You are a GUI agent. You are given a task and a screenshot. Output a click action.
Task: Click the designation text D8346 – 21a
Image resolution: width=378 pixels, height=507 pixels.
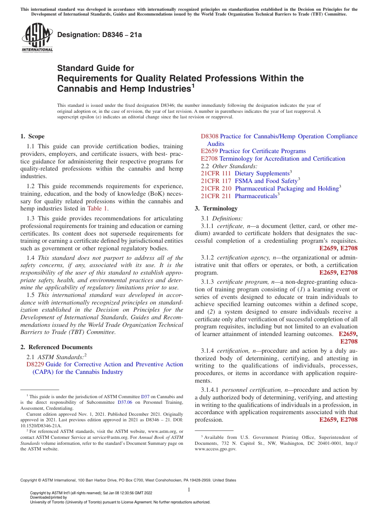99,35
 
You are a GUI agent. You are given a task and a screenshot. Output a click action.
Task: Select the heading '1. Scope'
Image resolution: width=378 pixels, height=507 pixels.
32,136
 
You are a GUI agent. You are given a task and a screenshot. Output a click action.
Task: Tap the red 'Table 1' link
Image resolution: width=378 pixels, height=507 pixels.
97,208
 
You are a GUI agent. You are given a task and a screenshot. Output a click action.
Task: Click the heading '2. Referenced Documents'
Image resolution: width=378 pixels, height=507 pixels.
57,347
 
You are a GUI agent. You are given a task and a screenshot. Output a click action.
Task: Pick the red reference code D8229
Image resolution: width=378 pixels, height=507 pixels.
35,364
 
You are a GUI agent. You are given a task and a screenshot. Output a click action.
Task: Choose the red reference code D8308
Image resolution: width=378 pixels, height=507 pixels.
210,136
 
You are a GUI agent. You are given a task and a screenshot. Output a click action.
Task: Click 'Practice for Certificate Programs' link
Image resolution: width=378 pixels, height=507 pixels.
263,151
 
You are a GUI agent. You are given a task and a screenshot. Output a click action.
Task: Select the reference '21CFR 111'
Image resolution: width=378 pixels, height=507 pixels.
216,173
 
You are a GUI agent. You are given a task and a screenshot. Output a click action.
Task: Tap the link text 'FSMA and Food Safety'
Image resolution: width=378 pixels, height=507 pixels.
266,181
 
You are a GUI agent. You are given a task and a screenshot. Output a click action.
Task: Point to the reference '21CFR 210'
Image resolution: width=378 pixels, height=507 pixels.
216,189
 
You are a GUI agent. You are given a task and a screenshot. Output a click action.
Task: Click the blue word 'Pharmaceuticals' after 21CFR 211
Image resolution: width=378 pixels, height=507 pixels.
256,196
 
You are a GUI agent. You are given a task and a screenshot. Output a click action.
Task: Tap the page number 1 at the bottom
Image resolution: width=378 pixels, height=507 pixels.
189,490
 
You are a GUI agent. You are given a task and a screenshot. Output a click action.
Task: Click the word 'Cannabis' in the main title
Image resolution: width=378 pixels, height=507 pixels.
74,88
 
